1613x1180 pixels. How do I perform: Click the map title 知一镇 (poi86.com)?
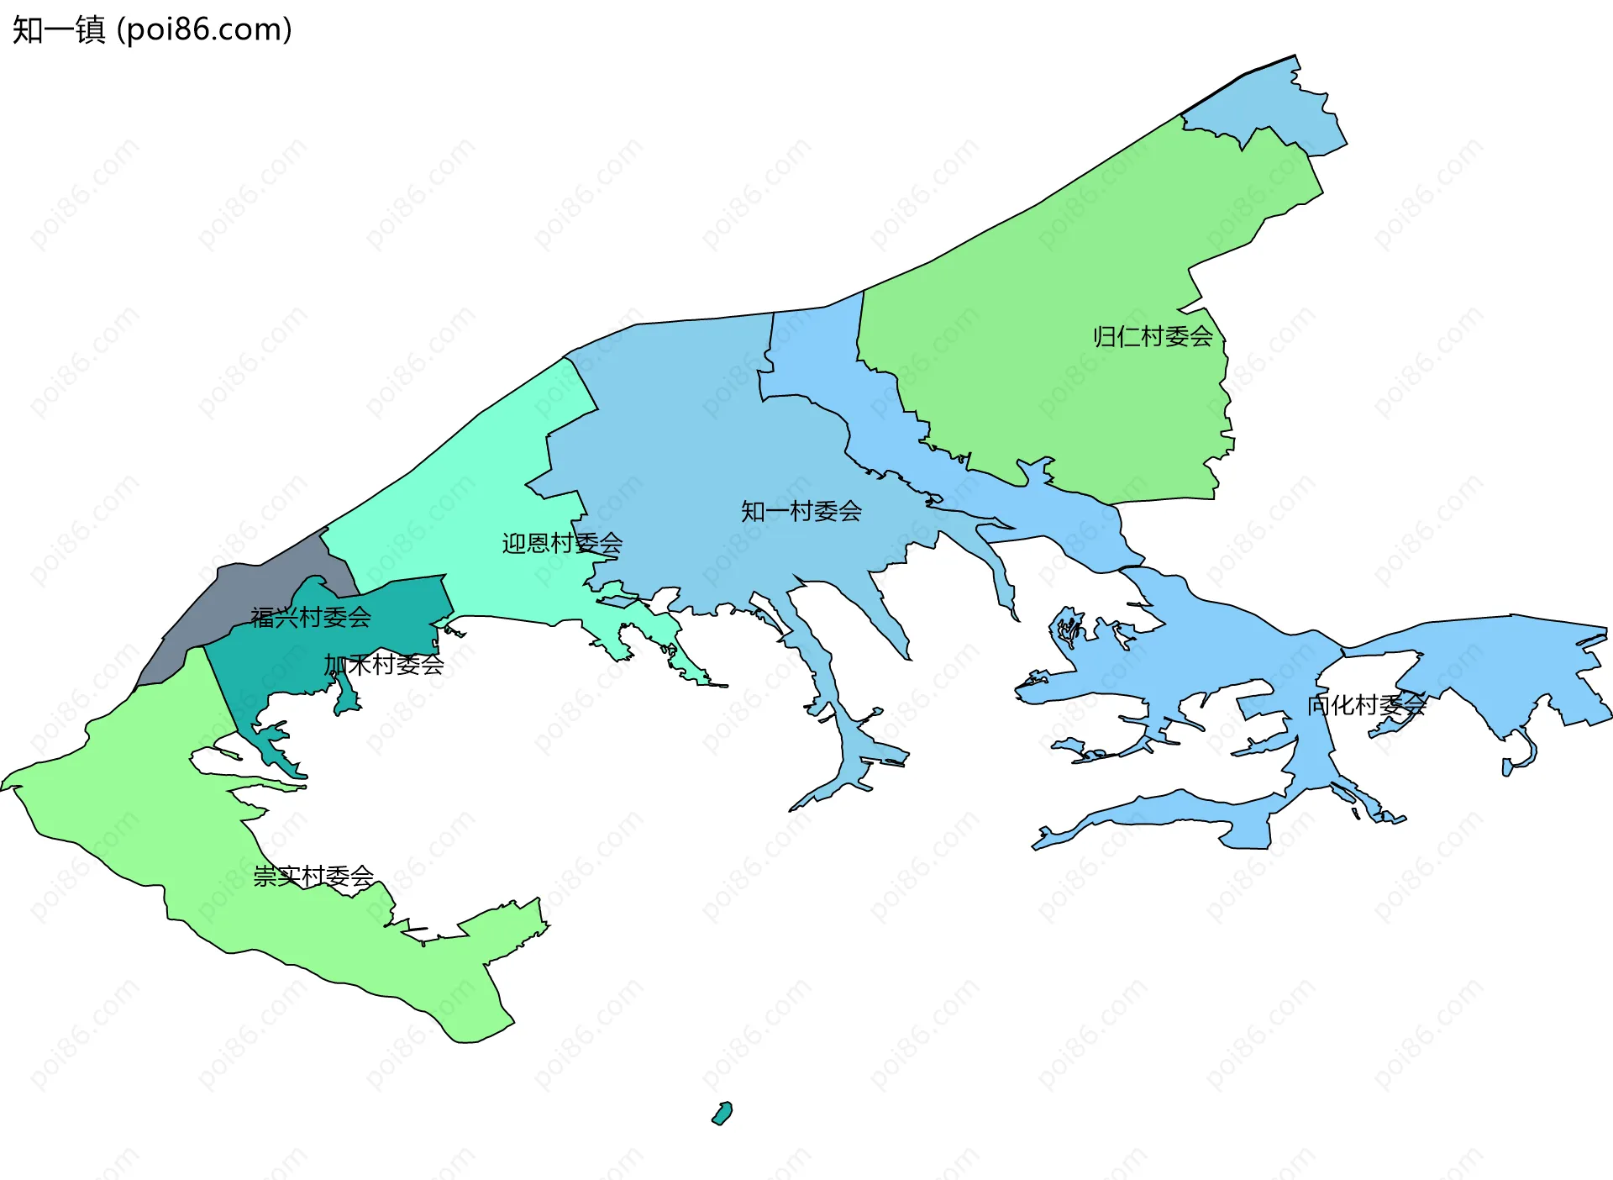pos(152,29)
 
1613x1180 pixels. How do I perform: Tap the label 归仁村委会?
pos(1153,337)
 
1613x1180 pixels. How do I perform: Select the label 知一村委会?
pos(801,511)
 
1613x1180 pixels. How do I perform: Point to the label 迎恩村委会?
pos(562,543)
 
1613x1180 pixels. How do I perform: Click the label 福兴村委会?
pos(311,618)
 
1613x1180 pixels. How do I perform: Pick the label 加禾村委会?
pos(384,665)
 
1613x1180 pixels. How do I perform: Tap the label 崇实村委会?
pos(313,877)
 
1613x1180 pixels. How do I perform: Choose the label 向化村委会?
pos(1366,705)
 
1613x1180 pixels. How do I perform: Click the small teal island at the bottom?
pos(722,1114)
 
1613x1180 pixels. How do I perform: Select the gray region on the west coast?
pos(252,588)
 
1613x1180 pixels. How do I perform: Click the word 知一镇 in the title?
pos(59,29)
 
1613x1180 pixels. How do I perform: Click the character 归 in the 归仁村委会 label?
pos(1105,337)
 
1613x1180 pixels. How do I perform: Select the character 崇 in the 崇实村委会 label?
pos(265,877)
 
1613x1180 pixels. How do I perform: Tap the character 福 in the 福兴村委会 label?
pos(263,618)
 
